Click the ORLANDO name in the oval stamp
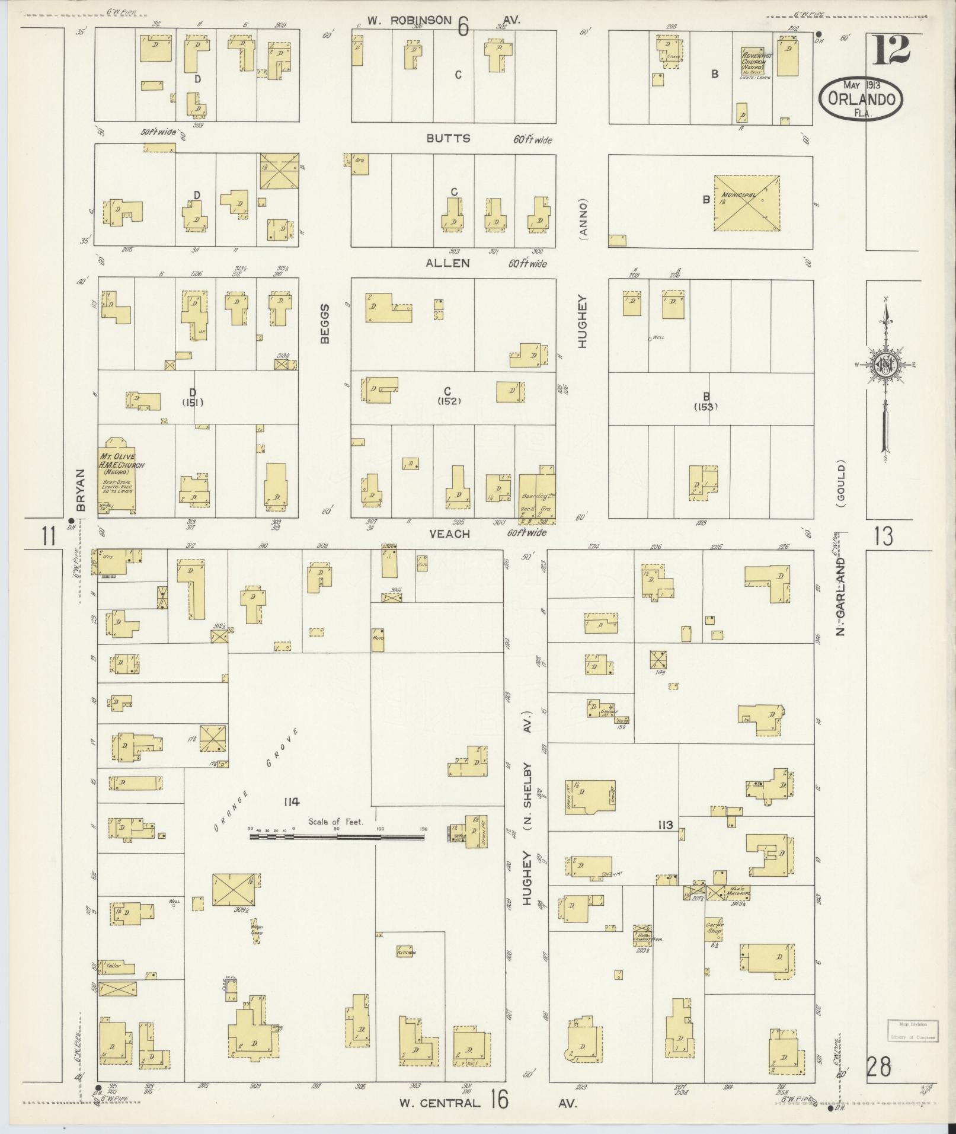[x=861, y=99]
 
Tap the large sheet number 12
[x=890, y=49]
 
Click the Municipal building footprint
[x=746, y=203]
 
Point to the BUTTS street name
[x=448, y=138]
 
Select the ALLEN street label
[x=447, y=263]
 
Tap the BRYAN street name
[x=81, y=490]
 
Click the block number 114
[x=291, y=802]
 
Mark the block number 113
[x=665, y=825]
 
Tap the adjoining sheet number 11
[x=49, y=536]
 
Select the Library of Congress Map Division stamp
[x=912, y=1031]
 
